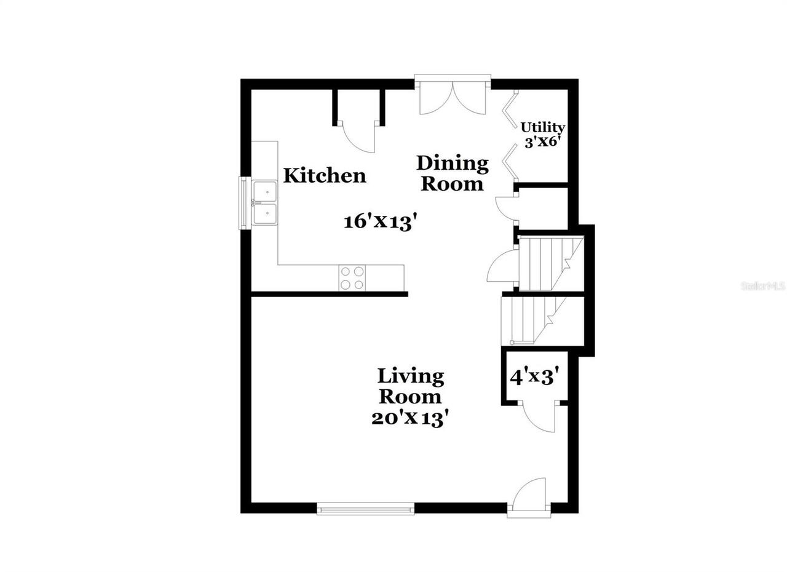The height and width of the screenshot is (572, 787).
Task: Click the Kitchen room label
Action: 324,176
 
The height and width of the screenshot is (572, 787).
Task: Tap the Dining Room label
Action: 453,173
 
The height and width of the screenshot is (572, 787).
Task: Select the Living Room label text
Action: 410,386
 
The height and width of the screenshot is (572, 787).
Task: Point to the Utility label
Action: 543,127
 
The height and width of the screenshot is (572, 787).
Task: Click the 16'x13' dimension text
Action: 376,221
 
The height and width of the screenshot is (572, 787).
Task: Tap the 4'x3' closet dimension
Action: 534,376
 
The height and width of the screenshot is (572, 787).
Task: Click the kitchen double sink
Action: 265,202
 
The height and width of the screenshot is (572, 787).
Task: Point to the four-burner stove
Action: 352,277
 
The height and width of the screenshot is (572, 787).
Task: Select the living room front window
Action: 366,508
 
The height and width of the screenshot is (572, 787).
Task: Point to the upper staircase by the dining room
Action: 550,263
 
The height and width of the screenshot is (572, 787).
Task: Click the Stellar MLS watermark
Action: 763,286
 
